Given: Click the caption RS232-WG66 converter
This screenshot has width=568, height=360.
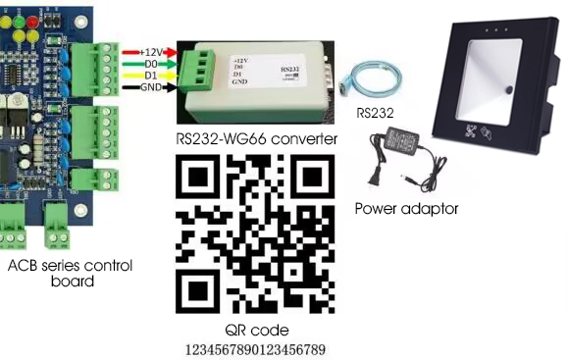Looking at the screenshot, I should (256, 139).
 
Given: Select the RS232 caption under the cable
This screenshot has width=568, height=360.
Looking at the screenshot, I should (376, 113).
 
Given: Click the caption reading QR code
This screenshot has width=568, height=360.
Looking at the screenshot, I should (256, 330).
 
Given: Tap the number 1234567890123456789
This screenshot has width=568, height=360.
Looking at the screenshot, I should (256, 349).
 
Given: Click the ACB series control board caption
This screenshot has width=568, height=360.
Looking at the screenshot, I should (70, 274).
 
